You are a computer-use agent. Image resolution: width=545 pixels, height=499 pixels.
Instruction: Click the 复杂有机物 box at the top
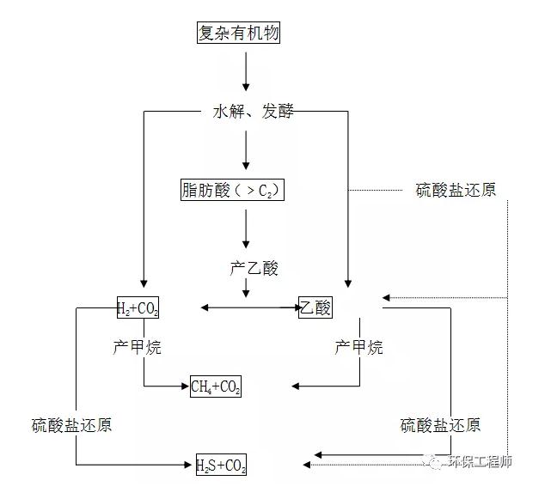[239, 33]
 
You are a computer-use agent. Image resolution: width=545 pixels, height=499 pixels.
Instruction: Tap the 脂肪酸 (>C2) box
[231, 190]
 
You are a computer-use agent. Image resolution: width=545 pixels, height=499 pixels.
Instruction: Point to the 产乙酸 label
[254, 269]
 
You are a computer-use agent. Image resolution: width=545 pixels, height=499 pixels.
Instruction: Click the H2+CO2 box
[138, 307]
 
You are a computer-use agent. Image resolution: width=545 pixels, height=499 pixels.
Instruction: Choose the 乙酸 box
[315, 307]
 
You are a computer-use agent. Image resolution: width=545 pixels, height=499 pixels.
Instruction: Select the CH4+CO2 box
[215, 387]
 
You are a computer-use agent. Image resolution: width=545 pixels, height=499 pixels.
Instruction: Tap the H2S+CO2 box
[221, 466]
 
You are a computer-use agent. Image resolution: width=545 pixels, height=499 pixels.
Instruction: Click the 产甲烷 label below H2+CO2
[137, 347]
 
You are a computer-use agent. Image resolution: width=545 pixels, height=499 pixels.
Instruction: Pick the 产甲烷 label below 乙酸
[358, 347]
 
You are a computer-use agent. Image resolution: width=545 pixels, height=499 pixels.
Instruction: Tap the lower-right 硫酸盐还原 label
[440, 425]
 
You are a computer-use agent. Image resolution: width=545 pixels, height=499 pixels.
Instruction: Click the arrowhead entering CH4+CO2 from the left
[185, 386]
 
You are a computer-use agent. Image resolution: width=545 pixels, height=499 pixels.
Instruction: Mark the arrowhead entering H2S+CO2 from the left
[191, 466]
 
